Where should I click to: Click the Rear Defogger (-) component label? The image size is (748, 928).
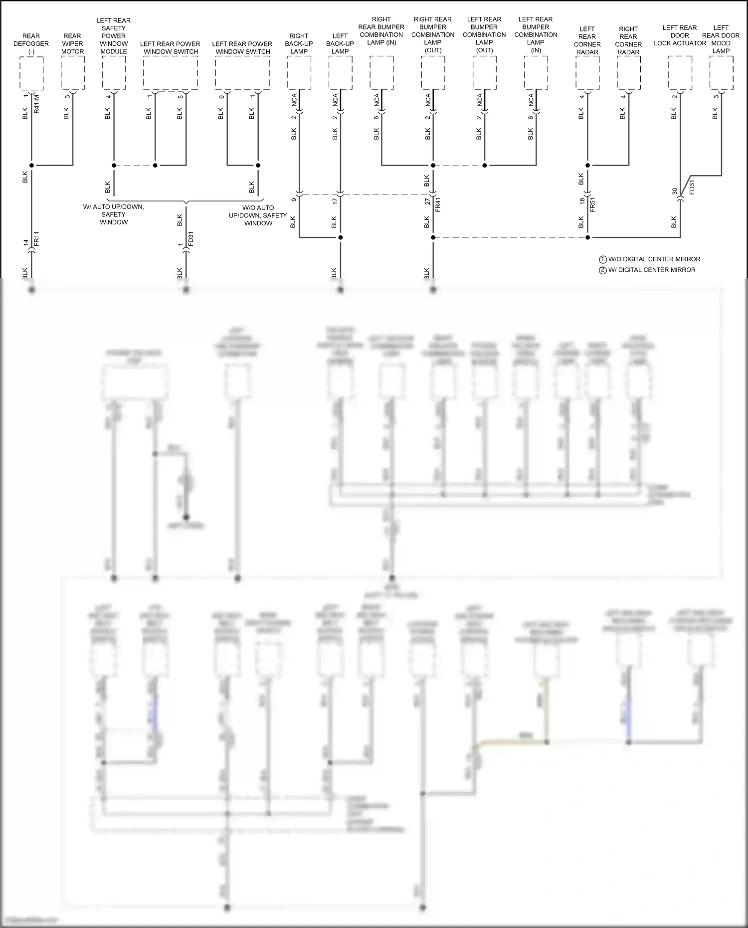pos(31,43)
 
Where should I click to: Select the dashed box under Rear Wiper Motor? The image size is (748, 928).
pos(72,73)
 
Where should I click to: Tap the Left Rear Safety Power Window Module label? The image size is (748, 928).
pos(114,36)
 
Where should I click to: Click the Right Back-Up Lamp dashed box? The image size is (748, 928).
pos(299,73)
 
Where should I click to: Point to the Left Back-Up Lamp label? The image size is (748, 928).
pos(340,43)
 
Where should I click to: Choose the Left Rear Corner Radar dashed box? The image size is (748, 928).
pos(587,73)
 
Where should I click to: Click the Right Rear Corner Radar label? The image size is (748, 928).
pos(628,40)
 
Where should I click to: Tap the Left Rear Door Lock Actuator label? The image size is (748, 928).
pos(680,35)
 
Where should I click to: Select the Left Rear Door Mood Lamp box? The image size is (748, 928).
pos(721,73)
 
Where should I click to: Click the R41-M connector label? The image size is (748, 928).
pos(36,104)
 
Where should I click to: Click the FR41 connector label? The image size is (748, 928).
pos(438,204)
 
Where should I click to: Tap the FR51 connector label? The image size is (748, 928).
pos(593,204)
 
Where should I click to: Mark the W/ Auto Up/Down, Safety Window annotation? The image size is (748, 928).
pos(114,214)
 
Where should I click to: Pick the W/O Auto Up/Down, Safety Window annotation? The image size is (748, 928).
pos(258,215)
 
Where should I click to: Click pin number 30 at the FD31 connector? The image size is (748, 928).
pos(675,191)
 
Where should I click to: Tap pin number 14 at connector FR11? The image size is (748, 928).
pos(26,243)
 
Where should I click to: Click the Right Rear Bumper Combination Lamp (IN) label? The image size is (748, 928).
pos(381,31)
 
